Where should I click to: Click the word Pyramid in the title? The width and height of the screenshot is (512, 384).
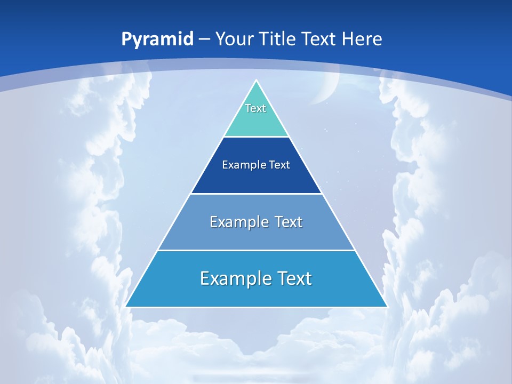[x=157, y=39]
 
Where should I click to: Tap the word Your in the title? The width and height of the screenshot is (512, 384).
[x=235, y=39]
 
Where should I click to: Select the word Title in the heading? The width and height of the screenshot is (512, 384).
[x=277, y=39]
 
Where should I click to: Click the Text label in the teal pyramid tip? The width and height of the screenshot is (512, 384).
[x=255, y=108]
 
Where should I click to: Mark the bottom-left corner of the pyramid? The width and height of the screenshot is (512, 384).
[x=126, y=307]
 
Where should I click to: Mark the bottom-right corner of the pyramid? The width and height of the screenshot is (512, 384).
[x=387, y=307]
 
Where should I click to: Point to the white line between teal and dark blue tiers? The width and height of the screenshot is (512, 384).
[x=256, y=137]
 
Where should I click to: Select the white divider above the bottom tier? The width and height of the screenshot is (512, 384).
[x=256, y=250]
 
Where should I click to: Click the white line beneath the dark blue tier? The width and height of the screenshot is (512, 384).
[x=256, y=194]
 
